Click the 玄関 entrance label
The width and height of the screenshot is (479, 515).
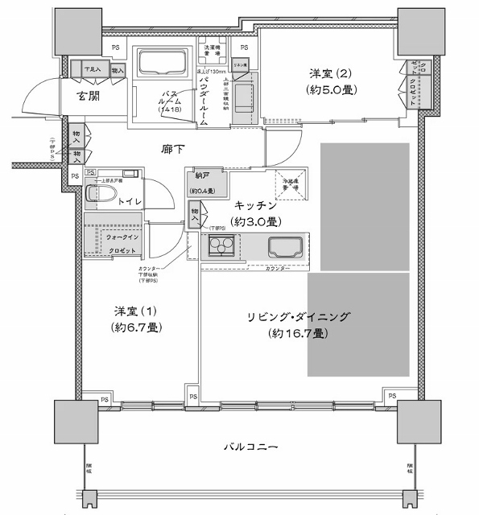(89, 97)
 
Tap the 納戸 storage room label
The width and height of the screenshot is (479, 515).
(201, 176)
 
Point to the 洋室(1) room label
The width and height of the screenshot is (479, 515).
(134, 311)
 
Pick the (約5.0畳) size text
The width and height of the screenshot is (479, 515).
(330, 90)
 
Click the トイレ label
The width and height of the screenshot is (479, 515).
(130, 201)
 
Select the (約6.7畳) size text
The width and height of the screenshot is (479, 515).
(134, 328)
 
